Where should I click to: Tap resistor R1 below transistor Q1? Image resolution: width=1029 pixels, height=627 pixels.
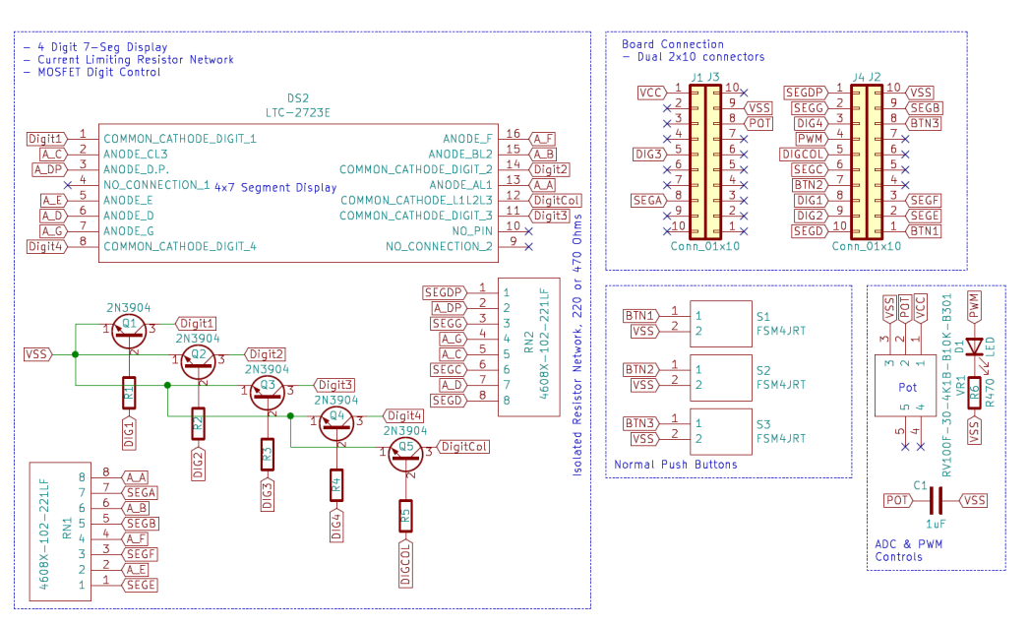tap(129, 393)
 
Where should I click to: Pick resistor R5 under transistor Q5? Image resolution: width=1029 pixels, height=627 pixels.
tap(405, 515)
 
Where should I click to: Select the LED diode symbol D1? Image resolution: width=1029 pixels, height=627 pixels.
tap(974, 347)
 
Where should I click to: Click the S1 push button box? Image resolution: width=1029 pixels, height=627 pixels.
tap(720, 323)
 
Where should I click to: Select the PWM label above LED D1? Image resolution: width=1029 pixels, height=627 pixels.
tap(974, 305)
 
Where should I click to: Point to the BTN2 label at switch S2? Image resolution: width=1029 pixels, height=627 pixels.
tap(639, 369)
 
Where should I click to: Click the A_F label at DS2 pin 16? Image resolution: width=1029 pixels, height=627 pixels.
tap(542, 137)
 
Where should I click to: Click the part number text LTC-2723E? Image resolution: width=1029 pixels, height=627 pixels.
tap(298, 112)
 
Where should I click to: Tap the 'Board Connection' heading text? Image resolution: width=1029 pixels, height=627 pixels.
tap(672, 44)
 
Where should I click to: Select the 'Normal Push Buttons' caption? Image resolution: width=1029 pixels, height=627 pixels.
tap(675, 465)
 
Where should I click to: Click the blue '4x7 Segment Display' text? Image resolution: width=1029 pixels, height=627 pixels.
tap(275, 187)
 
